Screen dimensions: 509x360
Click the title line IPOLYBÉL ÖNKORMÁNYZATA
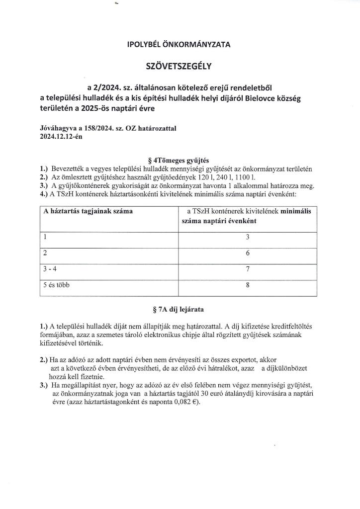click(x=179, y=45)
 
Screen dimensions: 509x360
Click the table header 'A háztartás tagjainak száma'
click(x=88, y=211)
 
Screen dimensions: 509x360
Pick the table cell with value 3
click(x=248, y=238)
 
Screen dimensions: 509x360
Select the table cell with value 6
click(x=248, y=254)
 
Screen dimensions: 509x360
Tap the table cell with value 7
click(x=248, y=271)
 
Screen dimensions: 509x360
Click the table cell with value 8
click(x=248, y=287)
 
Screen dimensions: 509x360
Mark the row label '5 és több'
click(x=59, y=287)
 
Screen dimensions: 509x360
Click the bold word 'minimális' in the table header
click(x=296, y=211)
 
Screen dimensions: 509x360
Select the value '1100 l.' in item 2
click(x=246, y=177)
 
